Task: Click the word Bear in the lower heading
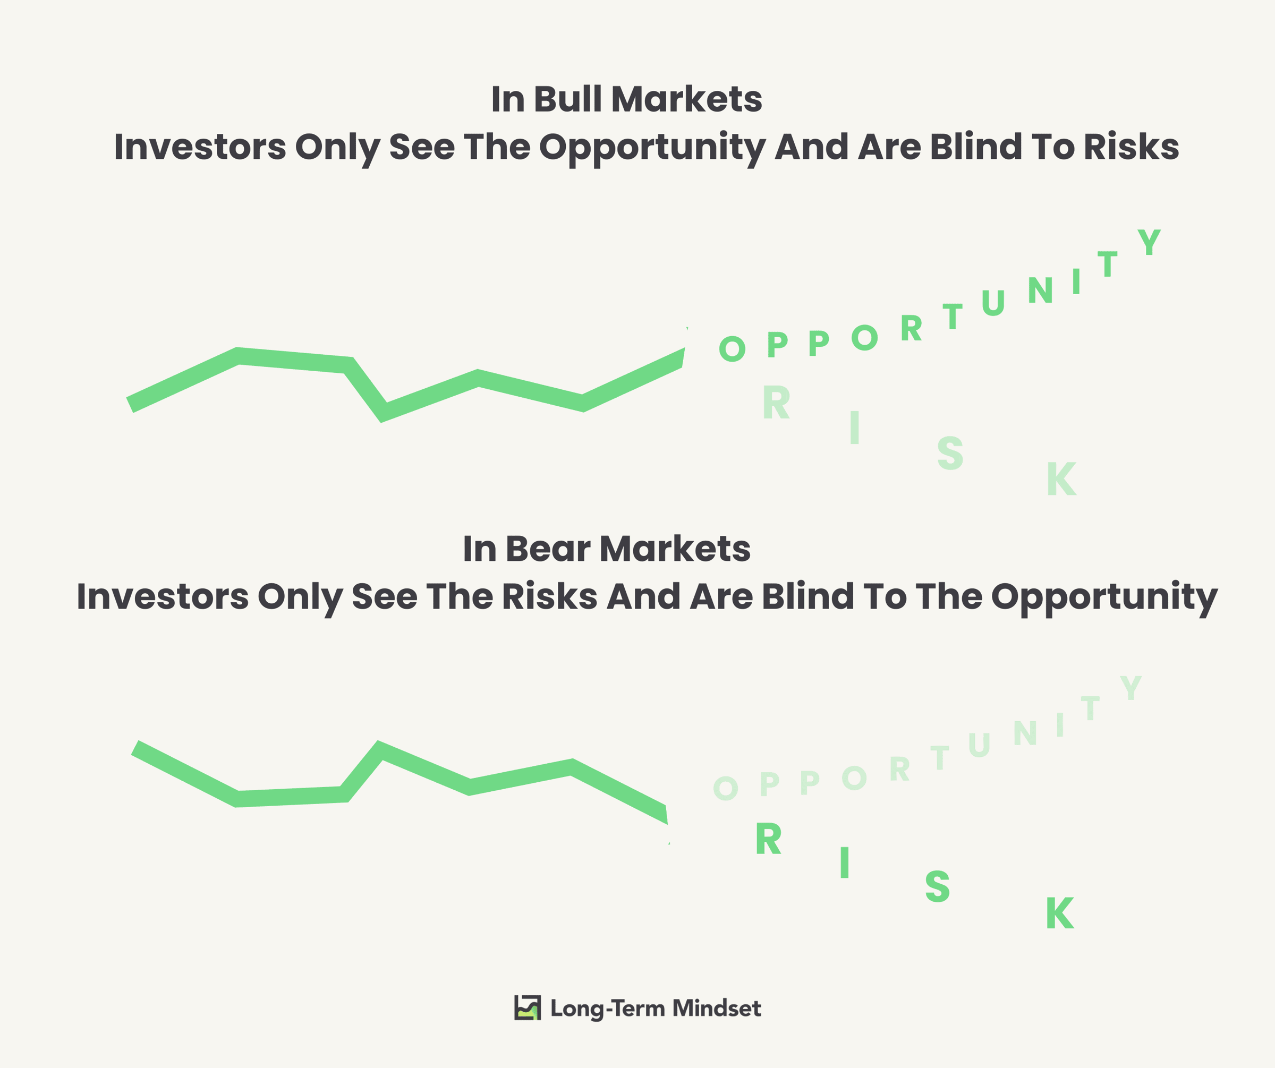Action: click(x=548, y=549)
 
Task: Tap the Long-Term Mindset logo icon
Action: click(x=527, y=1008)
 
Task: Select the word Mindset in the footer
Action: click(x=717, y=1008)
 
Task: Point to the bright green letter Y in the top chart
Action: click(x=1149, y=242)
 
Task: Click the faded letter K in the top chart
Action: click(x=1061, y=479)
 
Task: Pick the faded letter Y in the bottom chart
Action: click(x=1130, y=688)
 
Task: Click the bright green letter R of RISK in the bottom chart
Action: click(x=768, y=839)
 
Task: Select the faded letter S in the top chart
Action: click(x=950, y=454)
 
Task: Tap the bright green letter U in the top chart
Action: click(x=993, y=303)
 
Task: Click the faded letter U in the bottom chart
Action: click(x=979, y=745)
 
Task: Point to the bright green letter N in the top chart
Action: click(x=1040, y=290)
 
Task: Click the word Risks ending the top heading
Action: click(x=1131, y=147)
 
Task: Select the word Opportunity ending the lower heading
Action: click(x=1104, y=597)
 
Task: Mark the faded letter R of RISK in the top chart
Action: click(x=776, y=403)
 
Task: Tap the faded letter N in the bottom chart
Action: click(x=1025, y=733)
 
